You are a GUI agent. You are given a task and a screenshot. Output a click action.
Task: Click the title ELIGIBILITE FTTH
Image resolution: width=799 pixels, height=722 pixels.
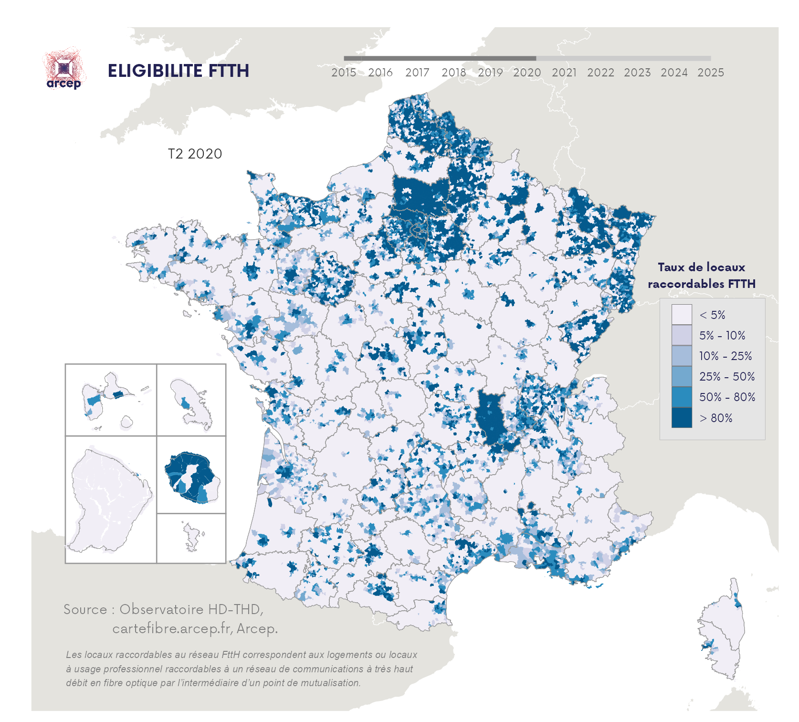pyautogui.click(x=178, y=71)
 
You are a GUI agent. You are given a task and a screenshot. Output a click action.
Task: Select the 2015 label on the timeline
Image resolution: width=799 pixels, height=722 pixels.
pyautogui.click(x=344, y=73)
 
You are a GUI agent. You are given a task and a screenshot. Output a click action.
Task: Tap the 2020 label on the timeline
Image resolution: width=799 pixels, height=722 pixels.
pyautogui.click(x=527, y=73)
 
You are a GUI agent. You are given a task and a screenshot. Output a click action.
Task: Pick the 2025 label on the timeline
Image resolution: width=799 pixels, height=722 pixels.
pyautogui.click(x=710, y=73)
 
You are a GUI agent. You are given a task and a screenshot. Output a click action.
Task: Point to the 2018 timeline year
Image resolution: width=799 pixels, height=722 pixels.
pyautogui.click(x=453, y=73)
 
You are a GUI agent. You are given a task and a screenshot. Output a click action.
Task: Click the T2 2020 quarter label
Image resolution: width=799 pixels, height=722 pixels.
pyautogui.click(x=195, y=154)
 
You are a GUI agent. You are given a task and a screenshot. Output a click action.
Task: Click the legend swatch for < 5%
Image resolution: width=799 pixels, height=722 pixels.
pyautogui.click(x=681, y=315)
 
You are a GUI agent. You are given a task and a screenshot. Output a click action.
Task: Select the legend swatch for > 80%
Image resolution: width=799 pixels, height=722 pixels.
pyautogui.click(x=681, y=417)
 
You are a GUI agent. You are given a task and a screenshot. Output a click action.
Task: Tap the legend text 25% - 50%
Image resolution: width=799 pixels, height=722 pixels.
pyautogui.click(x=726, y=376)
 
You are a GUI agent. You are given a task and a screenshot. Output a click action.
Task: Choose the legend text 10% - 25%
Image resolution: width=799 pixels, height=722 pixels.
pyautogui.click(x=725, y=356)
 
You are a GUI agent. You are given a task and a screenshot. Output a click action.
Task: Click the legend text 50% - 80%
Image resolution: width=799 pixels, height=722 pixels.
pyautogui.click(x=727, y=397)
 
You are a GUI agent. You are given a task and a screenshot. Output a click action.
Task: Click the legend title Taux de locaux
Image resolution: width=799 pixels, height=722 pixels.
pyautogui.click(x=701, y=267)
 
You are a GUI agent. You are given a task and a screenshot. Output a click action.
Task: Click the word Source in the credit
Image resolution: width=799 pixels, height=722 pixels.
pyautogui.click(x=85, y=609)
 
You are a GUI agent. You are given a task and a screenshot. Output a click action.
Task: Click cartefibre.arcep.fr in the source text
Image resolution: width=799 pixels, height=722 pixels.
pyautogui.click(x=172, y=628)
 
